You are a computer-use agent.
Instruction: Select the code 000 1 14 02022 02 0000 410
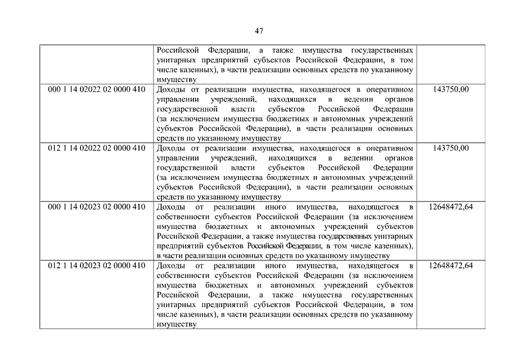coord(97,89)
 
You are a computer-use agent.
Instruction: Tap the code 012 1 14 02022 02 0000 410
coord(97,148)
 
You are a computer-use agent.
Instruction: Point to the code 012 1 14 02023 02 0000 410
coord(97,265)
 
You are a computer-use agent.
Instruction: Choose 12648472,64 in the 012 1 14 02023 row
coord(451,265)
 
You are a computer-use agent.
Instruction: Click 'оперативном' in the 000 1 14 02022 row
coord(388,89)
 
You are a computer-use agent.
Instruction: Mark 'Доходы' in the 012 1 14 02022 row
coord(172,148)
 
